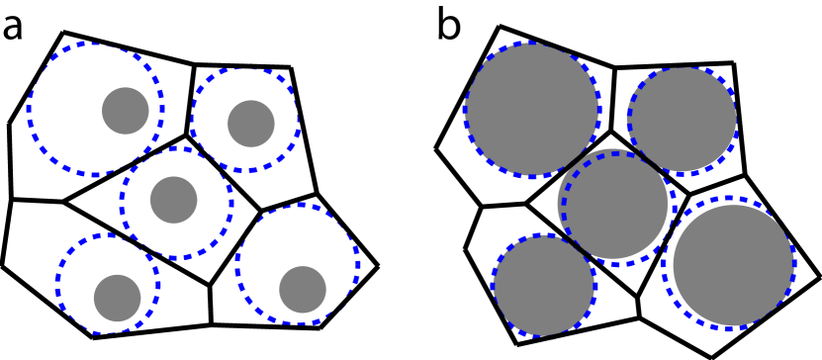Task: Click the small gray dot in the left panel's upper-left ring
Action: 126,111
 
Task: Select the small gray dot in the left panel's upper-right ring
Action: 251,124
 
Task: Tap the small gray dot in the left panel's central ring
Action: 174,200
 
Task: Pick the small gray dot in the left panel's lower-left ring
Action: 118,298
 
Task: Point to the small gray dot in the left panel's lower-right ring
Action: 303,290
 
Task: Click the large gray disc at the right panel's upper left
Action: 532,110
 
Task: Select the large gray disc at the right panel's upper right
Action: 683,119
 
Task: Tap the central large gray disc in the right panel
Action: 614,205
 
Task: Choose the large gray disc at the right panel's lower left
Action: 544,285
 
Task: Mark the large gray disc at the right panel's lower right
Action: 733,265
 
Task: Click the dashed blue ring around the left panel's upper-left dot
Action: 28,110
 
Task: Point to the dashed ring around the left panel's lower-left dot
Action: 56,284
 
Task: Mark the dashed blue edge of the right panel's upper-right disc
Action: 628,119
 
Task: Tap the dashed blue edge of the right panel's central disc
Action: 563,208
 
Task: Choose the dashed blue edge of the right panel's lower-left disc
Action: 493,285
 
